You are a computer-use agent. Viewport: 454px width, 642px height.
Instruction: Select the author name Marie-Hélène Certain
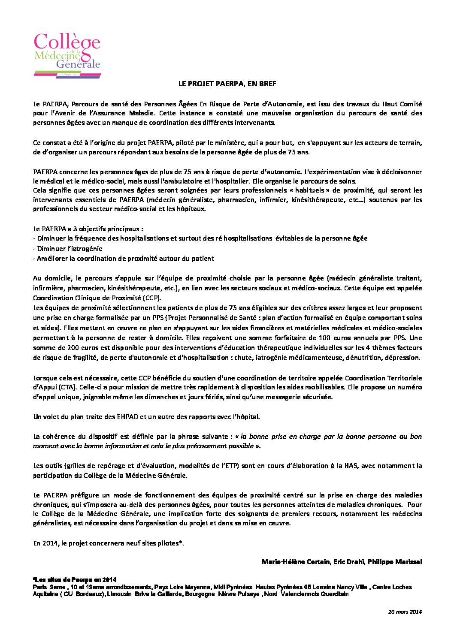click(x=296, y=562)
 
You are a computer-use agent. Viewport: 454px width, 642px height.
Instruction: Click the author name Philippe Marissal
click(x=395, y=562)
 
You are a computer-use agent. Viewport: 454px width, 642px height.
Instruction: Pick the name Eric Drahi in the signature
click(x=349, y=562)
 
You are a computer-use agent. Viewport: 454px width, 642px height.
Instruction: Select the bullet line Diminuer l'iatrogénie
click(x=68, y=249)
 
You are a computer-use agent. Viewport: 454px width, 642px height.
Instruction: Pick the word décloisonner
click(x=401, y=172)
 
